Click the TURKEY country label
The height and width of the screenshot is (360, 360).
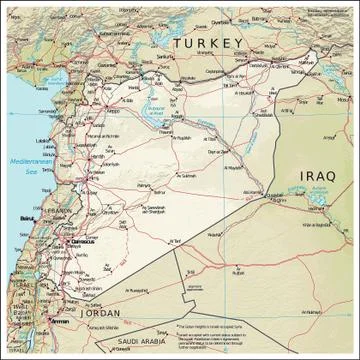[x=208, y=43]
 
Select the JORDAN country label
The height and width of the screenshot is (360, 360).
[x=103, y=313]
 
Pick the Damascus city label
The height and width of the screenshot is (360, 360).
[x=84, y=241]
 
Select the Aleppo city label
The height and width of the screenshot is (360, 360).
[x=108, y=111]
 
